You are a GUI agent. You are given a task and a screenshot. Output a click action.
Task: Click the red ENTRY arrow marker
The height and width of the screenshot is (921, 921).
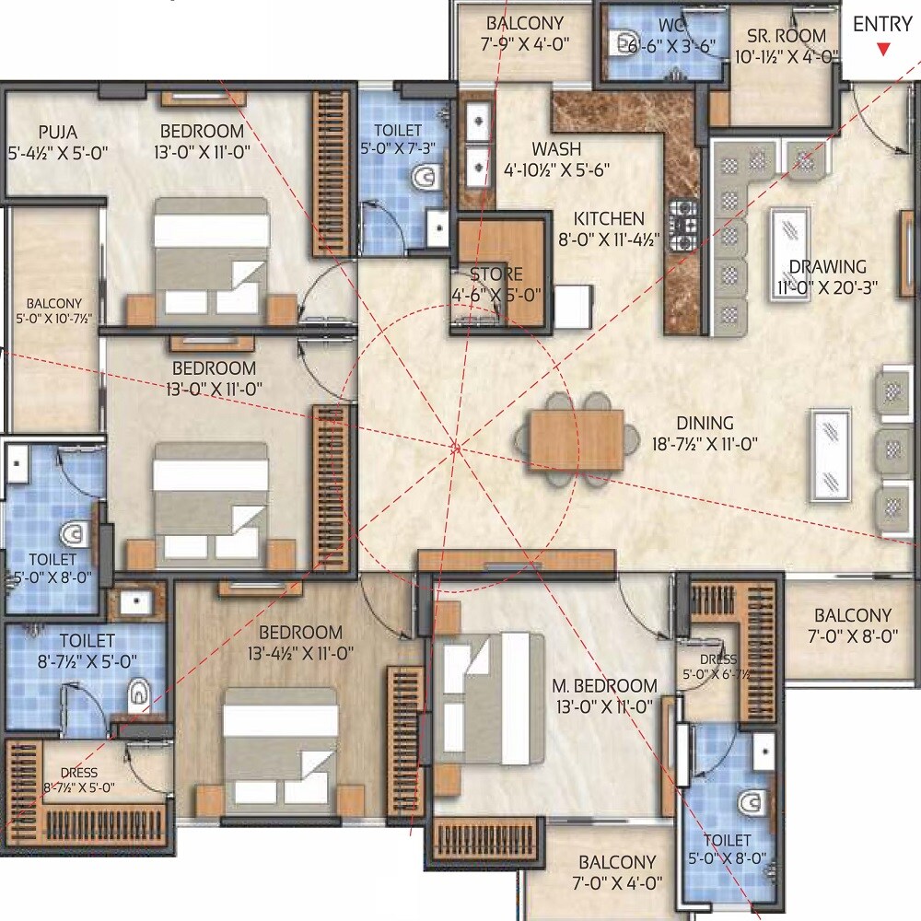pyautogui.click(x=883, y=50)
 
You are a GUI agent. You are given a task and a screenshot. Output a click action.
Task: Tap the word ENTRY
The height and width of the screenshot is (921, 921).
pyautogui.click(x=882, y=25)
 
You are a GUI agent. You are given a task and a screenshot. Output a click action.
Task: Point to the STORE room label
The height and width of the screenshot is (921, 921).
pyautogui.click(x=495, y=274)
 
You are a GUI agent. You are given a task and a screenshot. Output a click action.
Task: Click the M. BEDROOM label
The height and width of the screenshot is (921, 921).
pyautogui.click(x=604, y=685)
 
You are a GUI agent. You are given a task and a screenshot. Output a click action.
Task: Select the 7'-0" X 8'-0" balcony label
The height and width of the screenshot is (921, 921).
pyautogui.click(x=853, y=635)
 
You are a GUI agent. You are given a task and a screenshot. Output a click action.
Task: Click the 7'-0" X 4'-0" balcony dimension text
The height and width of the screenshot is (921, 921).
pyautogui.click(x=620, y=883)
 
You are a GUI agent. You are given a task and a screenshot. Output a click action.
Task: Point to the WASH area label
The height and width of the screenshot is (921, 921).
pyautogui.click(x=555, y=148)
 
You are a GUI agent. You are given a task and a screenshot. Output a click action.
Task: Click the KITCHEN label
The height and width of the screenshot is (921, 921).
pyautogui.click(x=609, y=219)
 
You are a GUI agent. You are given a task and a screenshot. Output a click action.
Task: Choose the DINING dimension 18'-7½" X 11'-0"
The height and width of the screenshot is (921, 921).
pyautogui.click(x=705, y=444)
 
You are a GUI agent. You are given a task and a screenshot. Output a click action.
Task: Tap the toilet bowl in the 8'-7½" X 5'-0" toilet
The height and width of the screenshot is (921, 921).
pyautogui.click(x=139, y=692)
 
